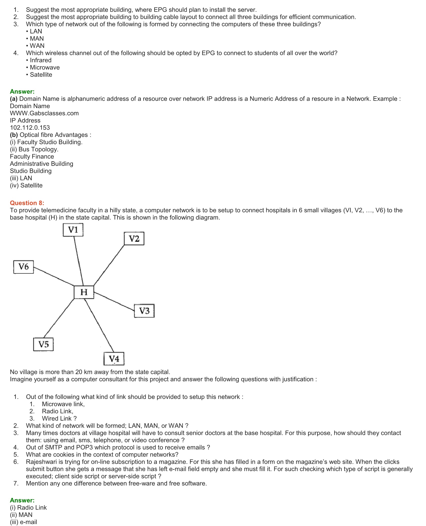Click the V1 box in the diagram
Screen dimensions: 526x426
[73, 230]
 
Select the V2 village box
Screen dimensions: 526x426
[134, 239]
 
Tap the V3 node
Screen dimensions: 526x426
[144, 311]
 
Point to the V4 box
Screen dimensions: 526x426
[114, 359]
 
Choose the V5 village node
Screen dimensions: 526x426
[43, 344]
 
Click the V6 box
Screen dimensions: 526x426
[24, 267]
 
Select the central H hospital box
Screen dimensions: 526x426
[84, 292]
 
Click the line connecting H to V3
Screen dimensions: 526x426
[114, 302]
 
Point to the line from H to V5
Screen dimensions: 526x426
[59, 318]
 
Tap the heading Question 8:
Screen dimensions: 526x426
[27, 203]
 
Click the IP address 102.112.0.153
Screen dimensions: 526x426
[30, 128]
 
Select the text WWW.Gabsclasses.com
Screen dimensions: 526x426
[44, 113]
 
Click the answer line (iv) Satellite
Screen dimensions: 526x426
[26, 185]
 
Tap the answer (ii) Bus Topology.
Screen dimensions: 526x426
[34, 149]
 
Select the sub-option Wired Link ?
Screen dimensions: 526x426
[59, 418]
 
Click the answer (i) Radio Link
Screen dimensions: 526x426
[28, 507]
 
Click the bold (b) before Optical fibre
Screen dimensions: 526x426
[14, 135]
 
